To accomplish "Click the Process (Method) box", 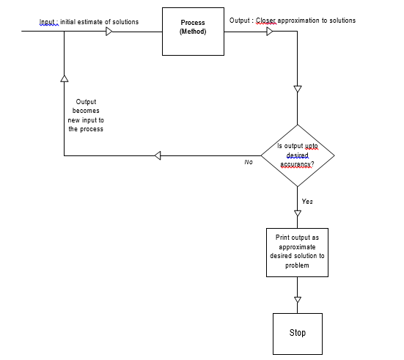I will pos(193,32).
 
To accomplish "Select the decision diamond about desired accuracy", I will pos(297,155).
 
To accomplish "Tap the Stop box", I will pos(297,333).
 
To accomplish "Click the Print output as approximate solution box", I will pos(297,251).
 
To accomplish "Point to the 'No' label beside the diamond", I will pos(249,162).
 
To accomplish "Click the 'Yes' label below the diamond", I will pos(307,201).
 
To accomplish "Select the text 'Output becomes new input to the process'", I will pos(86,116).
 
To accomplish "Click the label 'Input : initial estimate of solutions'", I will pos(89,22).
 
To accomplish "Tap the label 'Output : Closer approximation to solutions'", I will pos(293,21).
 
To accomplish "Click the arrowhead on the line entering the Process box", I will pos(109,32).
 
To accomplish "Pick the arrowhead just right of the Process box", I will pos(270,32).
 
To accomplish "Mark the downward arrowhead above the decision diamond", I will pos(297,89).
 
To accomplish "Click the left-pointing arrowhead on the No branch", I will pos(158,155).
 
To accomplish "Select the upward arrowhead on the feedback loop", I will pos(65,77).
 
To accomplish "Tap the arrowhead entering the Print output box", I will pos(297,213).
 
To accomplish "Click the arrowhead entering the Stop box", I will pos(297,299).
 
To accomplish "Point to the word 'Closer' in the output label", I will pos(266,21).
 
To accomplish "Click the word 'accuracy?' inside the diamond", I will pos(297,164).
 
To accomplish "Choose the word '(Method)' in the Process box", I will pos(193,32).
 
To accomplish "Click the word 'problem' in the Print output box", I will pos(297,265).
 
